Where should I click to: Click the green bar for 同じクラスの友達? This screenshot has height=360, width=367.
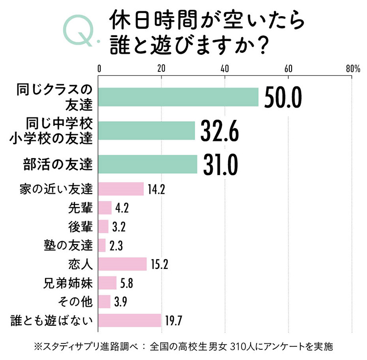(x=178, y=97)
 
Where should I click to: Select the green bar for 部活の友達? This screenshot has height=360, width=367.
(x=148, y=164)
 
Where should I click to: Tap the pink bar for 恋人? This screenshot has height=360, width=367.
(x=122, y=264)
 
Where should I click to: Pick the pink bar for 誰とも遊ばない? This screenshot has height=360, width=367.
(x=130, y=320)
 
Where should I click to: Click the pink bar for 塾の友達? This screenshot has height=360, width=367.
(x=102, y=245)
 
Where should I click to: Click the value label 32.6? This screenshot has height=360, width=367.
(x=220, y=131)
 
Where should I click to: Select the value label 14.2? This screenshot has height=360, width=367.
(x=156, y=189)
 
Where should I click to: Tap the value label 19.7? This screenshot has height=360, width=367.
(x=174, y=321)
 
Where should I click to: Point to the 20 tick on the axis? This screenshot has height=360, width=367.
(x=161, y=69)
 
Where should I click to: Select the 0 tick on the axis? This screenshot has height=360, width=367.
(x=99, y=69)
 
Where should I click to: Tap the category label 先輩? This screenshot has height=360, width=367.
(x=80, y=207)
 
